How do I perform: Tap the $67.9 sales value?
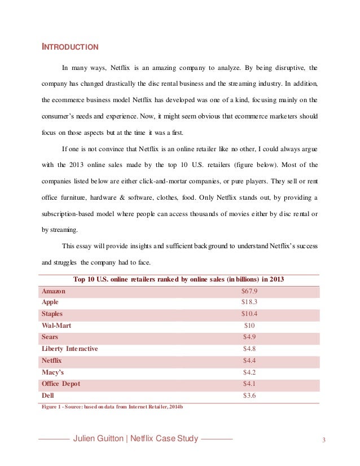[x=249, y=291]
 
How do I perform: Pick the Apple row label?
[x=50, y=302]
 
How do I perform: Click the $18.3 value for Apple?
[x=249, y=302]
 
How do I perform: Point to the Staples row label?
[x=52, y=314]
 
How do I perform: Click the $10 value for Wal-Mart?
[x=249, y=326]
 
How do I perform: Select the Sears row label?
[x=50, y=337]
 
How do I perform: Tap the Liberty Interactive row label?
[x=70, y=349]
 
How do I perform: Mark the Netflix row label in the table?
[x=52, y=360]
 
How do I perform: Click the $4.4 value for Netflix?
[x=249, y=360]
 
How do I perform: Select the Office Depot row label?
[x=61, y=384]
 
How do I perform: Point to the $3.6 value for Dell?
[x=249, y=395]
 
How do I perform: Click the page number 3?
[x=324, y=440]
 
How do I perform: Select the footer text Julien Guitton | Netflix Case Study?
[x=136, y=439]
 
